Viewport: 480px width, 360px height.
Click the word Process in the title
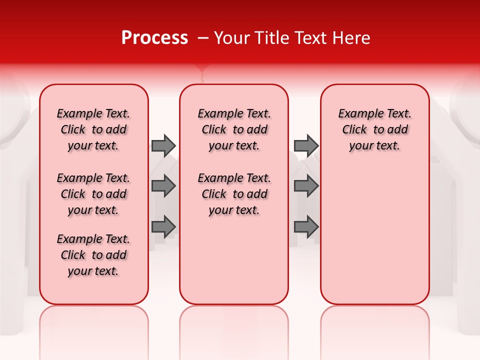(x=154, y=38)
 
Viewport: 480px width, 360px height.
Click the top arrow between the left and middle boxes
(x=163, y=145)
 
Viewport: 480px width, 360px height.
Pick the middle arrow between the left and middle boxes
(x=163, y=186)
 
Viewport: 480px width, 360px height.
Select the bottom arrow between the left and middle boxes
(x=163, y=226)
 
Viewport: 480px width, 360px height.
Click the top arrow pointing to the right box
(x=306, y=145)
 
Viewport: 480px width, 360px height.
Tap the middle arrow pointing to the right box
(x=306, y=186)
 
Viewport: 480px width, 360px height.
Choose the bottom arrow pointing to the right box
(x=306, y=226)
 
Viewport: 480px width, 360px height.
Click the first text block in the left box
(x=93, y=129)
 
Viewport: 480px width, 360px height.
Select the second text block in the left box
(x=93, y=194)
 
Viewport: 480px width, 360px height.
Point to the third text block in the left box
(x=93, y=255)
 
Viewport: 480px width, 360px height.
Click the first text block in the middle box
(x=234, y=129)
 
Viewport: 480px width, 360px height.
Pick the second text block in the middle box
(x=234, y=194)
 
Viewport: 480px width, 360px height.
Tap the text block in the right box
(x=375, y=129)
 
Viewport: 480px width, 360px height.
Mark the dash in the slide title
(x=202, y=38)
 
